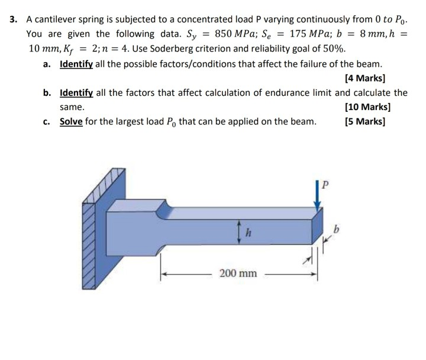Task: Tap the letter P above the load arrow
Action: tap(323, 184)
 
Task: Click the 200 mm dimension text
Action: tap(238, 273)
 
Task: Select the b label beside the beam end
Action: tap(337, 228)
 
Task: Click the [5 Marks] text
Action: tap(364, 122)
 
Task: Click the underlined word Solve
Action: tap(71, 122)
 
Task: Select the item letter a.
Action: tap(47, 63)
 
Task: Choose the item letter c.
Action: tap(46, 122)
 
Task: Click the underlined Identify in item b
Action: tap(75, 92)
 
